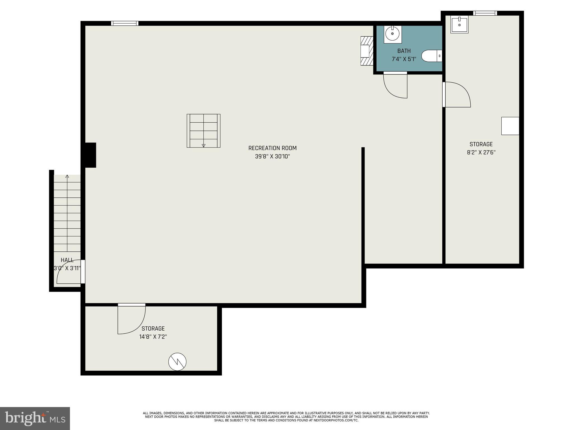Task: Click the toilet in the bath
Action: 431,56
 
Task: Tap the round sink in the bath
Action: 393,34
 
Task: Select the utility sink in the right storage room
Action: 459,25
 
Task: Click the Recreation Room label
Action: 272,148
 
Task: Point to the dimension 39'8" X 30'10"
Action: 272,156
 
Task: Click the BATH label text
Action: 404,51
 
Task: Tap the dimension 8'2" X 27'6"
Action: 481,153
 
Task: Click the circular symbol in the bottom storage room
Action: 177,362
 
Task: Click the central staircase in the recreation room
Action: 203,130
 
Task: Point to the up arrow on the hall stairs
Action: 67,176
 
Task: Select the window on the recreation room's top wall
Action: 125,23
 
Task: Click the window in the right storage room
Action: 485,13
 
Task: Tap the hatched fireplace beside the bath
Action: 367,51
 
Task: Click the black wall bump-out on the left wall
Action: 90,155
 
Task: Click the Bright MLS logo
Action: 35,418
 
